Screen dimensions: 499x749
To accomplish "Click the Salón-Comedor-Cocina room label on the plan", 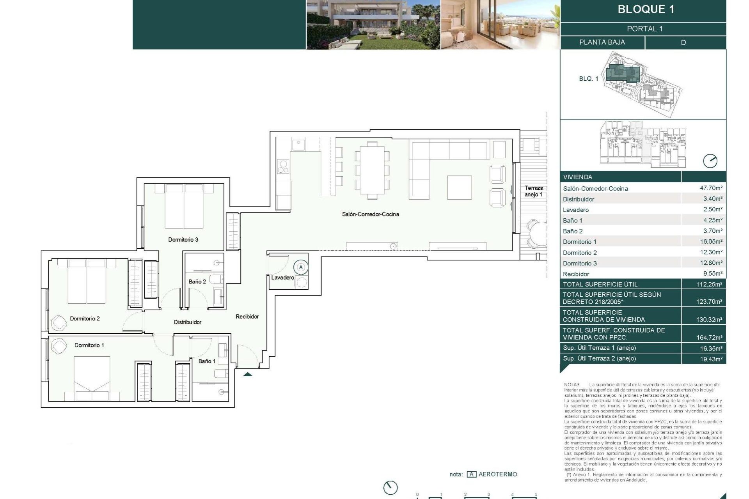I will pyautogui.click(x=370, y=214).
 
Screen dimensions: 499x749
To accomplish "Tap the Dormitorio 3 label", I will pyautogui.click(x=183, y=239).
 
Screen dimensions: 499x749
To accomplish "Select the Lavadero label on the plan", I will pyautogui.click(x=282, y=278).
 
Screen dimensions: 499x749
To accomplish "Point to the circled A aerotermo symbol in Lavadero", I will pyautogui.click(x=301, y=267).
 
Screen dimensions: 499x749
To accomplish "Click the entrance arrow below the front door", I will pyautogui.click(x=248, y=374).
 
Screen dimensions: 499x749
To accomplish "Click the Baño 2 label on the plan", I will pyautogui.click(x=197, y=281).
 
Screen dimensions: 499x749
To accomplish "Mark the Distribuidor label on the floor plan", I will pyautogui.click(x=187, y=322).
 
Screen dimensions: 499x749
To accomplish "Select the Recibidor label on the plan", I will pyautogui.click(x=247, y=317).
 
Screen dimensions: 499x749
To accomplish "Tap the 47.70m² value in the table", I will pyautogui.click(x=711, y=188).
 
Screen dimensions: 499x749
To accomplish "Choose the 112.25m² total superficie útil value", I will pyautogui.click(x=709, y=284).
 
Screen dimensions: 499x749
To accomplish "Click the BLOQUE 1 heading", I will pyautogui.click(x=646, y=9).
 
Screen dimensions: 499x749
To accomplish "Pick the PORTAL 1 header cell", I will pyautogui.click(x=644, y=29).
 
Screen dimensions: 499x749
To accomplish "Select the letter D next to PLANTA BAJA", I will pyautogui.click(x=683, y=42).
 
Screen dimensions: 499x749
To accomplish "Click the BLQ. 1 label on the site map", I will pyautogui.click(x=588, y=78).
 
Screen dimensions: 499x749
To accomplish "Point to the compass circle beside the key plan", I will pyautogui.click(x=710, y=161).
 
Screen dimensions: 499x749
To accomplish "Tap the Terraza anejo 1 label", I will pyautogui.click(x=533, y=191).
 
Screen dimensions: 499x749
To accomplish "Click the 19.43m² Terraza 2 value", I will pyautogui.click(x=711, y=359).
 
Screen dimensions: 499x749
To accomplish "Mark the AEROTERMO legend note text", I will pyautogui.click(x=497, y=474).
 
